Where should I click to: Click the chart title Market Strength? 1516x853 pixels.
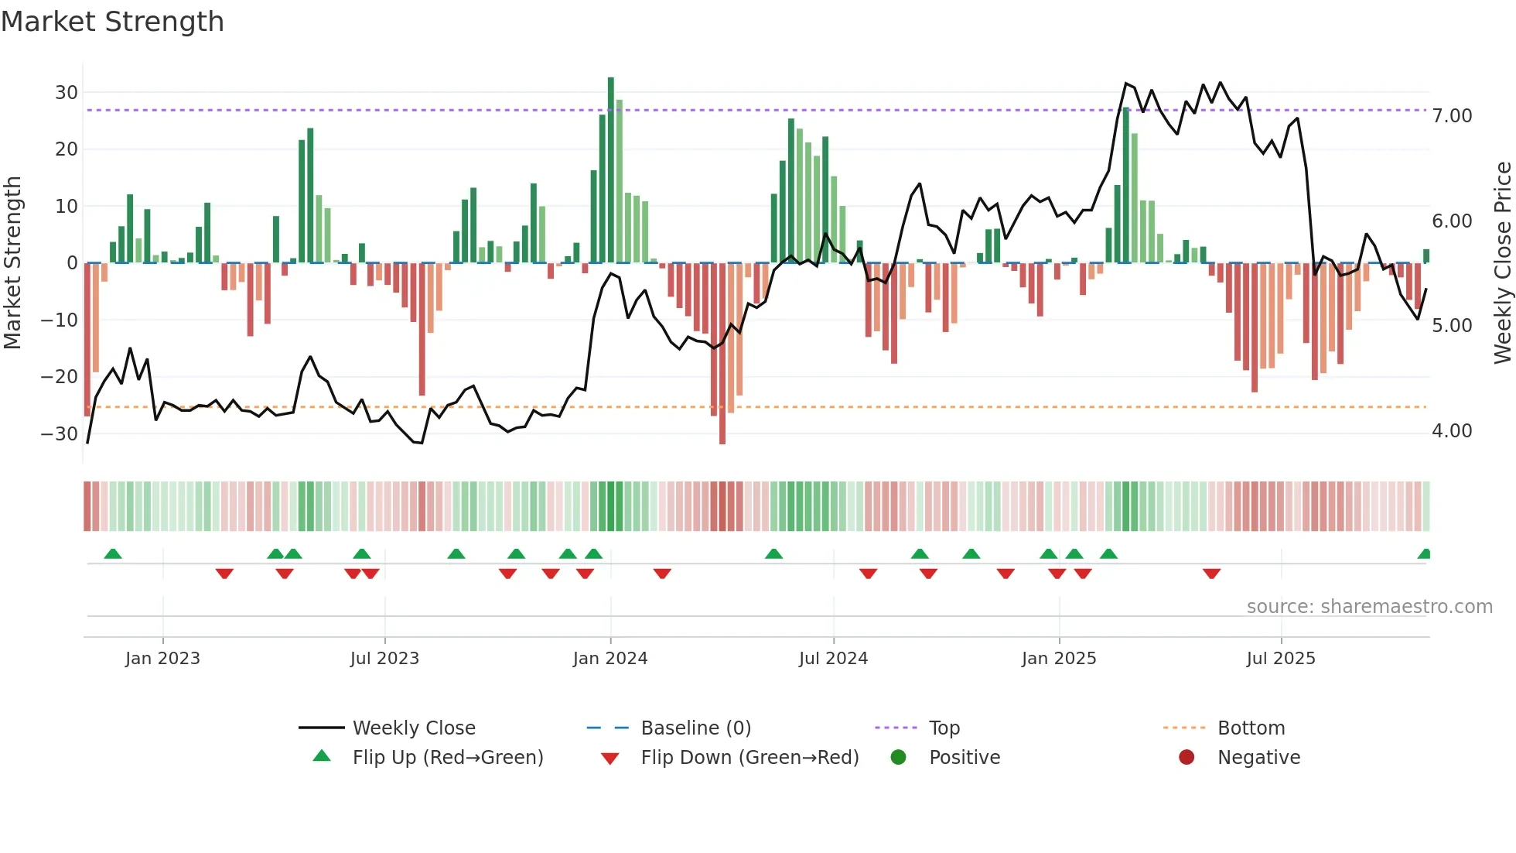pyautogui.click(x=112, y=22)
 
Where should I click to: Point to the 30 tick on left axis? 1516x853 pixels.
pyautogui.click(x=67, y=93)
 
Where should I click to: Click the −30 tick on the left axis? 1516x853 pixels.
pyautogui.click(x=60, y=433)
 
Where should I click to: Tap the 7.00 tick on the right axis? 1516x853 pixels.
pyautogui.click(x=1452, y=116)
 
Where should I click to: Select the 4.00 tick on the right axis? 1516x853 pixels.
pyautogui.click(x=1452, y=431)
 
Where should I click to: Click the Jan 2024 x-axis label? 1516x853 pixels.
pyautogui.click(x=610, y=659)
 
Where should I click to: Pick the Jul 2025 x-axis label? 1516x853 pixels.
pyautogui.click(x=1281, y=659)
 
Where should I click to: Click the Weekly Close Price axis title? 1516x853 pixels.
pyautogui.click(x=1502, y=263)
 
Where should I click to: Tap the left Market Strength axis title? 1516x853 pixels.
pyautogui.click(x=13, y=263)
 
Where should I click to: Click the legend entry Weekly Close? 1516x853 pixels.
pyautogui.click(x=414, y=728)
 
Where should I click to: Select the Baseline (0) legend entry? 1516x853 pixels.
pyautogui.click(x=695, y=728)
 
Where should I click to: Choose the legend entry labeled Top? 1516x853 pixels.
pyautogui.click(x=944, y=728)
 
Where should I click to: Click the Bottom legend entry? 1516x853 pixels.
pyautogui.click(x=1251, y=728)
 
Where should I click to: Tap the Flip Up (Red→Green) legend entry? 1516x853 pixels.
pyautogui.click(x=448, y=758)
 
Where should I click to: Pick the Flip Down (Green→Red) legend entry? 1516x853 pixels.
pyautogui.click(x=749, y=758)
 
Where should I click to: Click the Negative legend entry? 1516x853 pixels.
pyautogui.click(x=1258, y=758)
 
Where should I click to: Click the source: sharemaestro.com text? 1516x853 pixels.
pyautogui.click(x=1369, y=607)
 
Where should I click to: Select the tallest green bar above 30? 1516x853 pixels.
pyautogui.click(x=611, y=170)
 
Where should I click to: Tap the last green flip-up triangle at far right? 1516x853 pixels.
pyautogui.click(x=1425, y=554)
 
